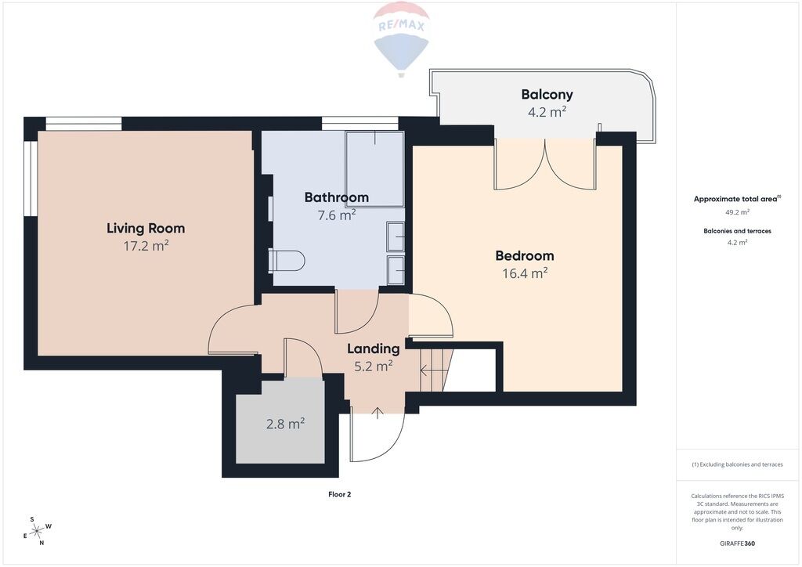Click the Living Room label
[x=146, y=229]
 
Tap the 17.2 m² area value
[x=146, y=246]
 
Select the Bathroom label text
[x=337, y=197]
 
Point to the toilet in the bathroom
[x=287, y=261]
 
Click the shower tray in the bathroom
[x=375, y=169]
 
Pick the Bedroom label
[x=525, y=255]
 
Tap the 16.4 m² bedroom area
[x=525, y=273]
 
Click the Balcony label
[x=547, y=95]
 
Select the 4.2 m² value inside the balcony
[x=547, y=111]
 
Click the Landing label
[x=374, y=349]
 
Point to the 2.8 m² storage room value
[x=285, y=424]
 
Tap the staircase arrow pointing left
[x=432, y=369]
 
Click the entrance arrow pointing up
[x=378, y=413]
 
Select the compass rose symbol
[x=37, y=532]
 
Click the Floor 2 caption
[x=340, y=494]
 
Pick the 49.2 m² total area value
[x=737, y=211]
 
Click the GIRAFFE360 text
[x=737, y=544]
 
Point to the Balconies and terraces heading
[x=737, y=231]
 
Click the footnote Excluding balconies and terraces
[x=737, y=464]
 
